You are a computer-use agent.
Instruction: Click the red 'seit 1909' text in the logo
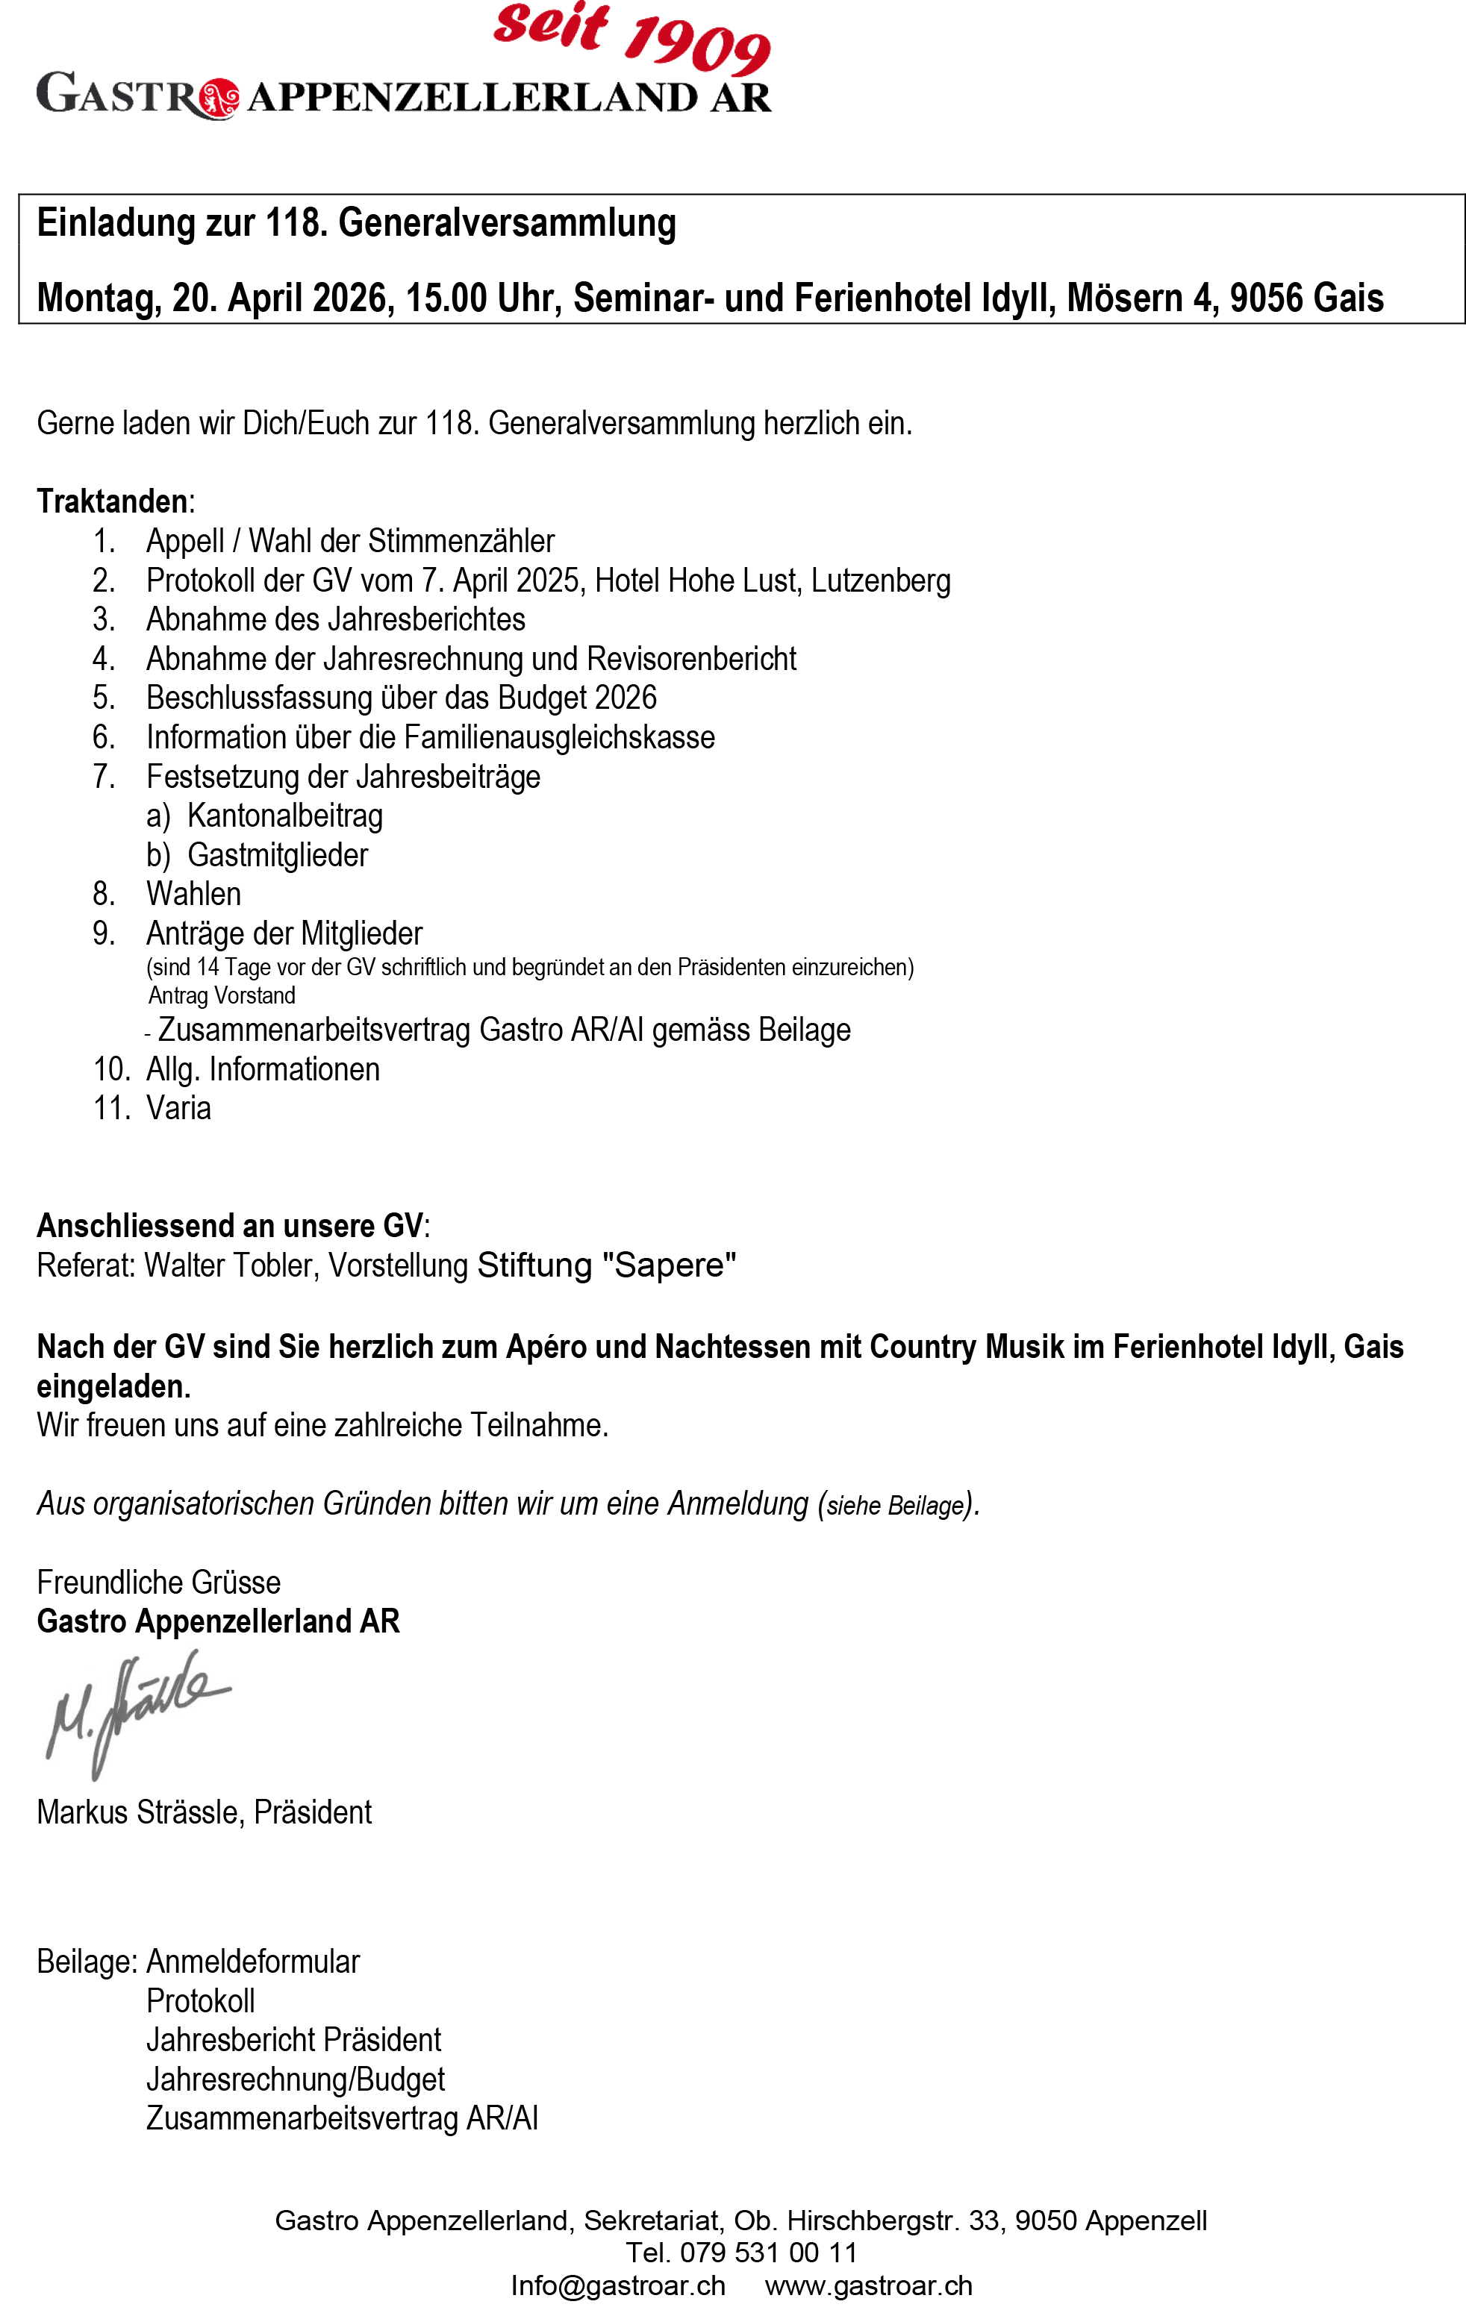tap(631, 37)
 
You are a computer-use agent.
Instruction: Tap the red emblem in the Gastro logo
tap(220, 98)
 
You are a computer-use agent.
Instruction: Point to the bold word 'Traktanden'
tap(111, 501)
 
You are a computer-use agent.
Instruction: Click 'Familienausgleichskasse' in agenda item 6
tap(559, 738)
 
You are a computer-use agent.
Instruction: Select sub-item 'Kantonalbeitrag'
tap(284, 816)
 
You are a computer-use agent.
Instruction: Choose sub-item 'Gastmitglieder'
tap(277, 855)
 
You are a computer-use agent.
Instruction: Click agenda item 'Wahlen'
tap(193, 895)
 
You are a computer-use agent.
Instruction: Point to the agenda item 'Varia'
tap(178, 1109)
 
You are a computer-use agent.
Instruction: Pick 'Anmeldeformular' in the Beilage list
tap(252, 1962)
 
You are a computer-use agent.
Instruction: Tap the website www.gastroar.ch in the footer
tap(868, 2285)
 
